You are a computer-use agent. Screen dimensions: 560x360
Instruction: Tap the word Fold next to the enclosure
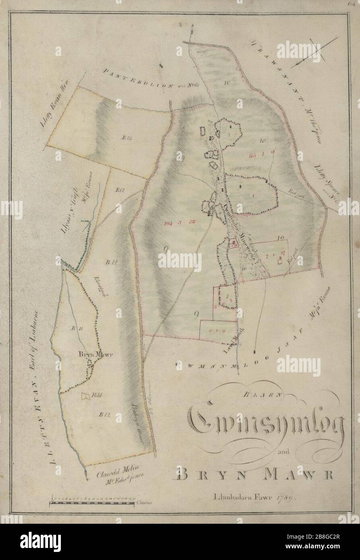pyautogui.click(x=96, y=395)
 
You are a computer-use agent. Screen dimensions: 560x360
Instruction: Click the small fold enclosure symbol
pyautogui.click(x=86, y=396)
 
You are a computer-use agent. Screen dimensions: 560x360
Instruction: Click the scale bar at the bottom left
pyautogui.click(x=92, y=503)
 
